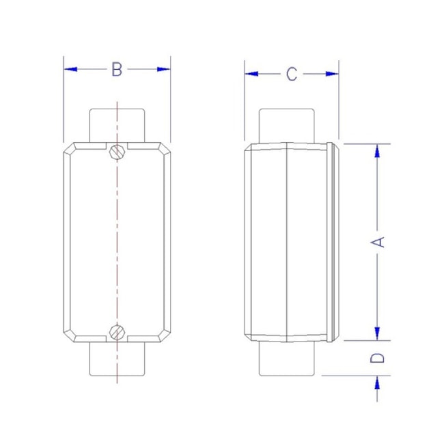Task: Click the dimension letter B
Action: coord(117,70)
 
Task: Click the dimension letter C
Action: coord(292,74)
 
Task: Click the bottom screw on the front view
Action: coord(117,333)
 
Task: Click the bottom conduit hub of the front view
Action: coord(117,359)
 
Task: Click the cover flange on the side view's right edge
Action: coord(333,242)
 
